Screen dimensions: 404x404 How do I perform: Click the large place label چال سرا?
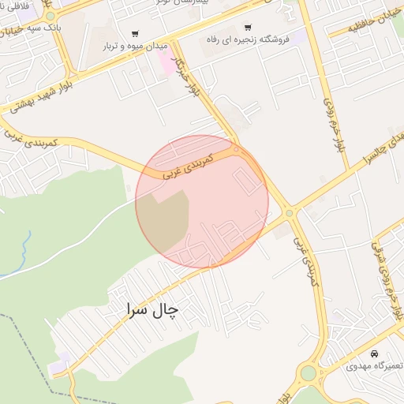tap(151, 310)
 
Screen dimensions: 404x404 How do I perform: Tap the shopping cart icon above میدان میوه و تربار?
tap(135, 34)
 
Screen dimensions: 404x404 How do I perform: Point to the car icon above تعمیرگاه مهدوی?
tap(374, 353)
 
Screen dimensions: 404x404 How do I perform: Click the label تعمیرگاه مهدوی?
tap(373, 367)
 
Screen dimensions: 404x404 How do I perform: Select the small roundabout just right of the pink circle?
tap(290, 213)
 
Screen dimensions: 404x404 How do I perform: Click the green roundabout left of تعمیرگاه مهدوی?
tap(309, 372)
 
